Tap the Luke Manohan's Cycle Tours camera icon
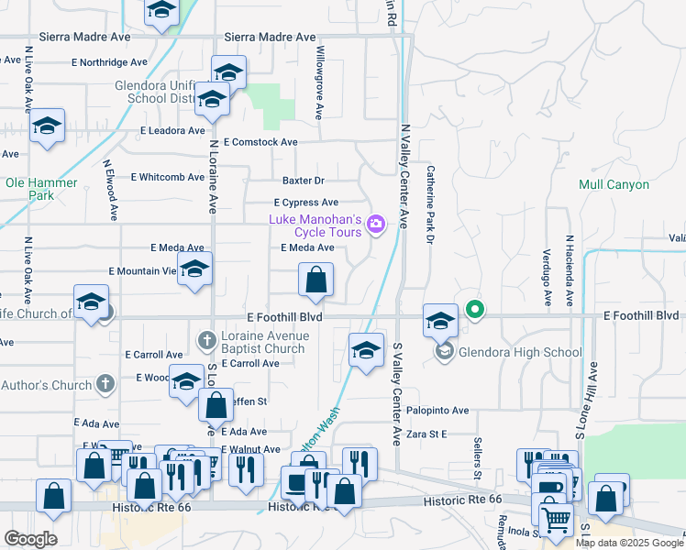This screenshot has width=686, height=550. coord(375,223)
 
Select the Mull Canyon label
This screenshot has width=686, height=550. coord(614,184)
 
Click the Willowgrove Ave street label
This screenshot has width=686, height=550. coord(320,83)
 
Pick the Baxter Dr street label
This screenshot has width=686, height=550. coord(304,181)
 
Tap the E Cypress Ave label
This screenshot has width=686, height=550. coord(306,203)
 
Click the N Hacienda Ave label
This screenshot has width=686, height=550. coord(569,270)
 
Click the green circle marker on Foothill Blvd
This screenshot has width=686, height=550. coord(474,309)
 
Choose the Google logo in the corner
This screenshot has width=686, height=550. coord(30,538)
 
